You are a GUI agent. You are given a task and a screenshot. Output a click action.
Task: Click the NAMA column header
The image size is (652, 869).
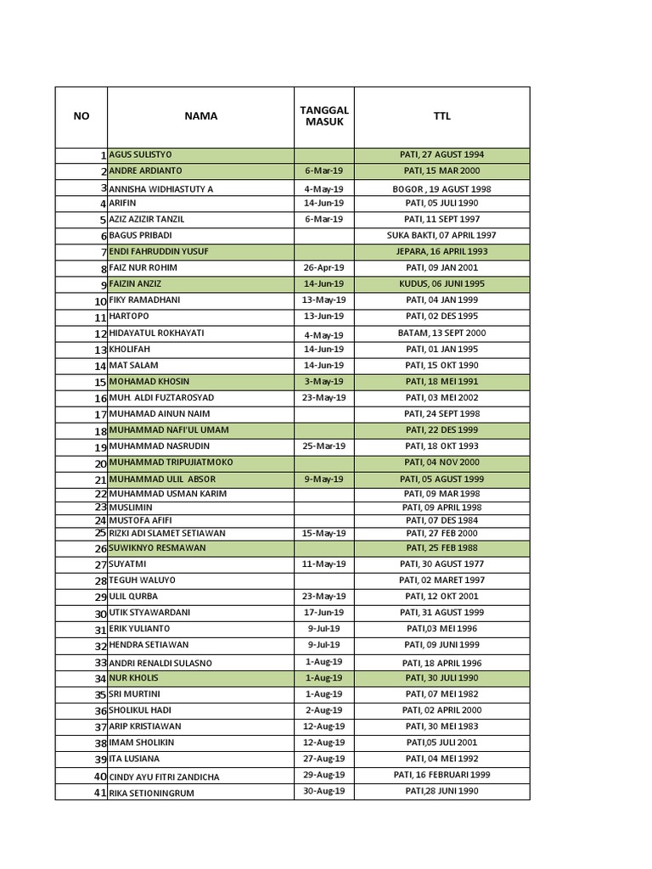click(200, 116)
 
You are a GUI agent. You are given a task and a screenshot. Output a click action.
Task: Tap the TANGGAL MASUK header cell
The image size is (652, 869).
click(324, 116)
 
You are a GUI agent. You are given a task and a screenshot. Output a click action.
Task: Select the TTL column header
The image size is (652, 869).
click(441, 116)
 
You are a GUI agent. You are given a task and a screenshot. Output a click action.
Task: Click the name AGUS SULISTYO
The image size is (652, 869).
click(140, 155)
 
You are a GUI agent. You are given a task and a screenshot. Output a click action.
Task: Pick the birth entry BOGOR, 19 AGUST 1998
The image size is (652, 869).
click(441, 189)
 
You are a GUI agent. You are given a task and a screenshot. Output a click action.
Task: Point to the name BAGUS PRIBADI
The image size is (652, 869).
click(140, 235)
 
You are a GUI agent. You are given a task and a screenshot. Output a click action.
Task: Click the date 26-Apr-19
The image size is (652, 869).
click(324, 268)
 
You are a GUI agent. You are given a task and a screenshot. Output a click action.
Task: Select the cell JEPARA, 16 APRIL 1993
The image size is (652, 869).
click(441, 252)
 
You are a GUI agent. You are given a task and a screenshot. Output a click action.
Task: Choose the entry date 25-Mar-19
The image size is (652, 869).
click(324, 446)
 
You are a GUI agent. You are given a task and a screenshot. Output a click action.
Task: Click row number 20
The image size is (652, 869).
click(100, 464)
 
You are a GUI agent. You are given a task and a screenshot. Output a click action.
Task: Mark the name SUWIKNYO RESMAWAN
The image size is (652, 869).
click(157, 548)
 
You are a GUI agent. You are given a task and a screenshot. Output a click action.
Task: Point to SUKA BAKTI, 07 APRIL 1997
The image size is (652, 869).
click(441, 235)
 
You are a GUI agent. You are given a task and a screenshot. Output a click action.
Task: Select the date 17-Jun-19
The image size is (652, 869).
click(324, 613)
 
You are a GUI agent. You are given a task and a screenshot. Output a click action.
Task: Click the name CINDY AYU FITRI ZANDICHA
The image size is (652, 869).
click(164, 777)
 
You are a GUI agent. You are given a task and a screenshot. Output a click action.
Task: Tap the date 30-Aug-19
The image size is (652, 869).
click(324, 792)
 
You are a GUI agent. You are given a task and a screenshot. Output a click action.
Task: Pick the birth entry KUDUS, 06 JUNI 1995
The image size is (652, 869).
click(441, 284)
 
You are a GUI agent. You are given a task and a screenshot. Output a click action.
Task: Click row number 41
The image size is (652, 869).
click(100, 793)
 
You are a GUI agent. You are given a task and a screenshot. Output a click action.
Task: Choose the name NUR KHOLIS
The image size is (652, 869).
click(133, 678)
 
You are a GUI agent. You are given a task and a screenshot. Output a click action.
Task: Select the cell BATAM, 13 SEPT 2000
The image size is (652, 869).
click(441, 334)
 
